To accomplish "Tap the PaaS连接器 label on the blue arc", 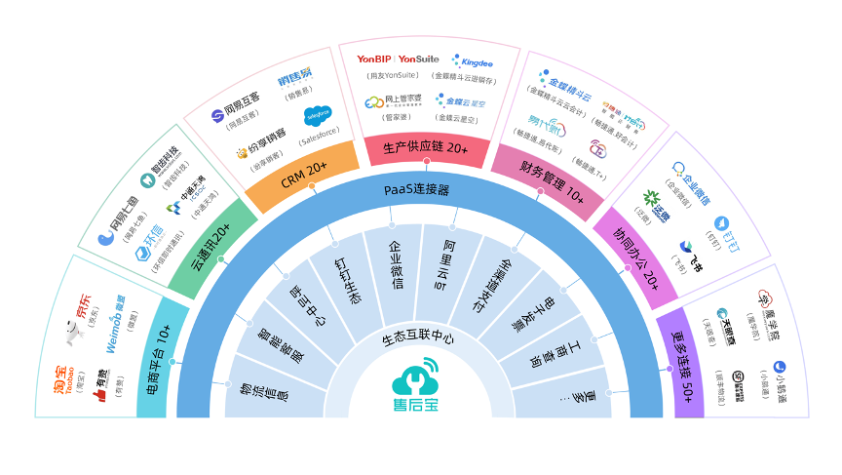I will click(416, 189).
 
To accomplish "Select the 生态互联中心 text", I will click(418, 339).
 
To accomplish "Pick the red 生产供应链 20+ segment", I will click(426, 149).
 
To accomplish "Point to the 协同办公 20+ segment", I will click(638, 254).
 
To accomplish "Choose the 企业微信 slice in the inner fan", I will click(394, 272).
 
